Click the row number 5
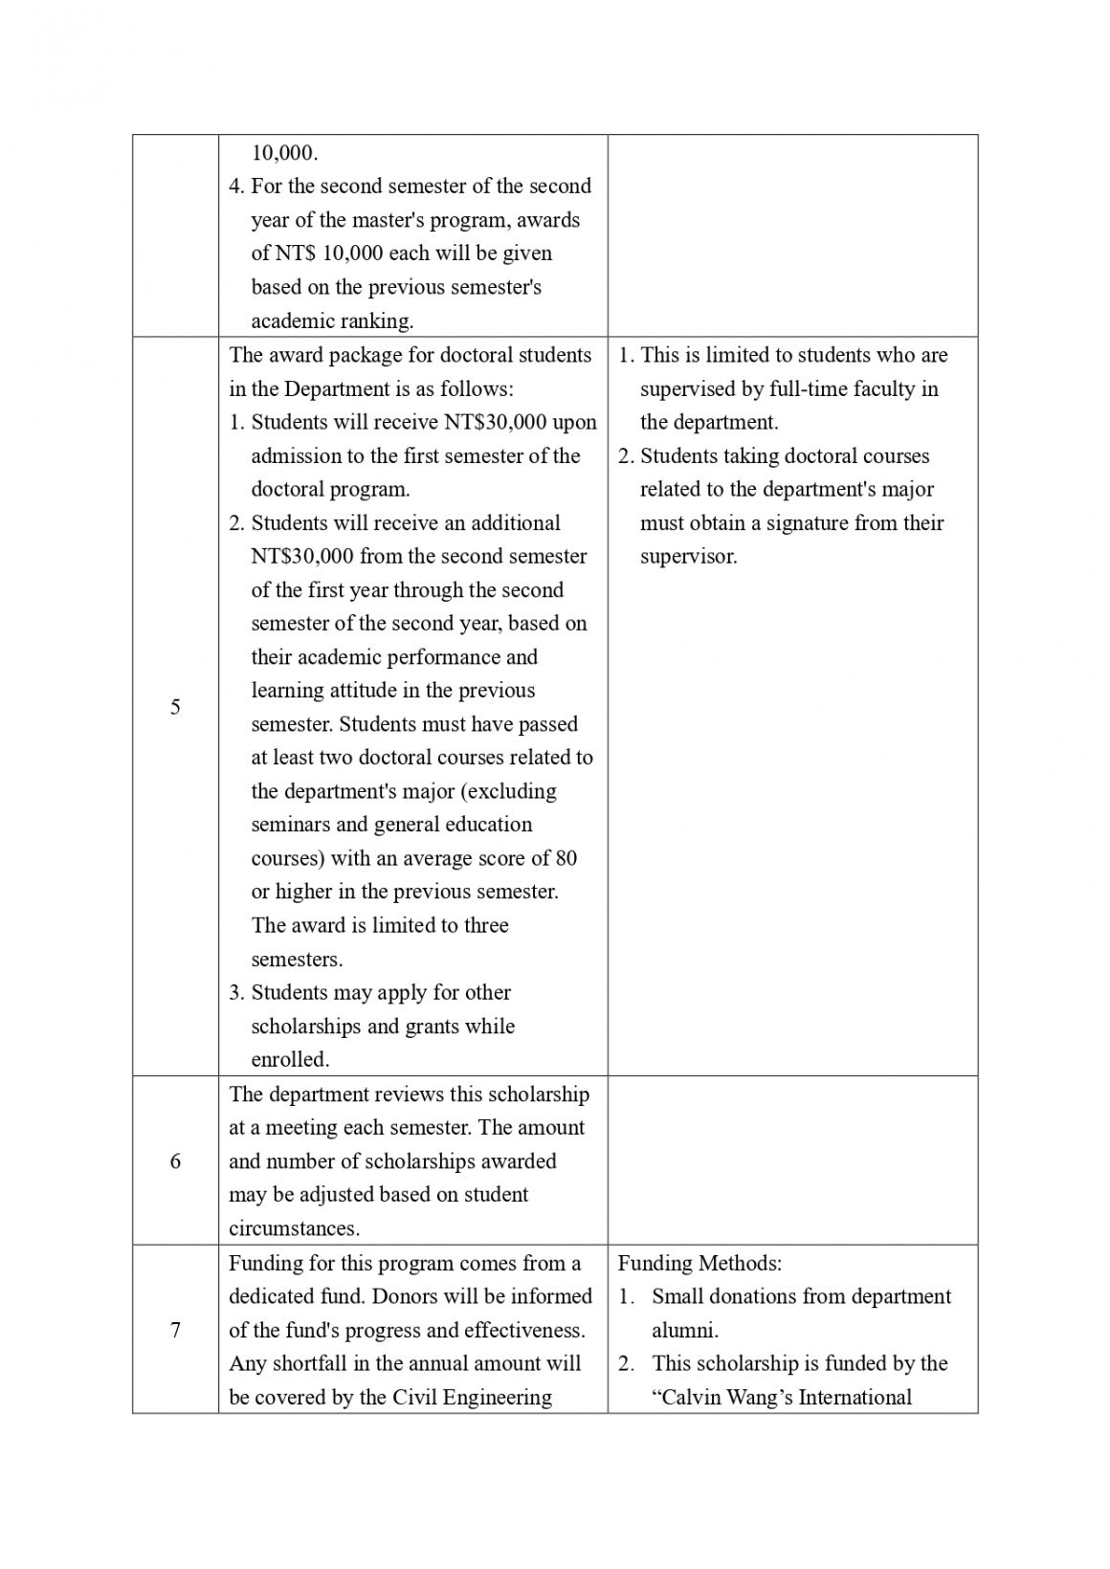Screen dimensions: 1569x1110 (175, 707)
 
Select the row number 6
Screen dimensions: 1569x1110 (175, 1161)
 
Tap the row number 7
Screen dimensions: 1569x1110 (175, 1330)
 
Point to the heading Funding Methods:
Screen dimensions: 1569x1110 (699, 1263)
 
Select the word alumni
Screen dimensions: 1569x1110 (684, 1330)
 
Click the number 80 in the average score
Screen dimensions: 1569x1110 (566, 858)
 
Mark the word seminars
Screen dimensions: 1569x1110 (295, 825)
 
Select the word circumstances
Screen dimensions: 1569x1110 (294, 1228)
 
